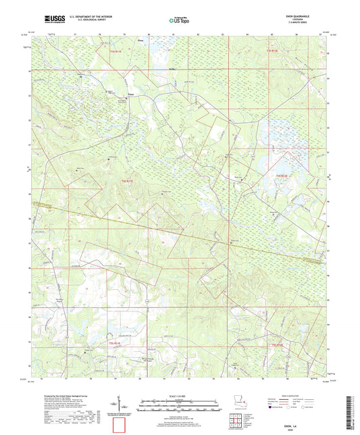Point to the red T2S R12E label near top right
pyautogui.click(x=272, y=50)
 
